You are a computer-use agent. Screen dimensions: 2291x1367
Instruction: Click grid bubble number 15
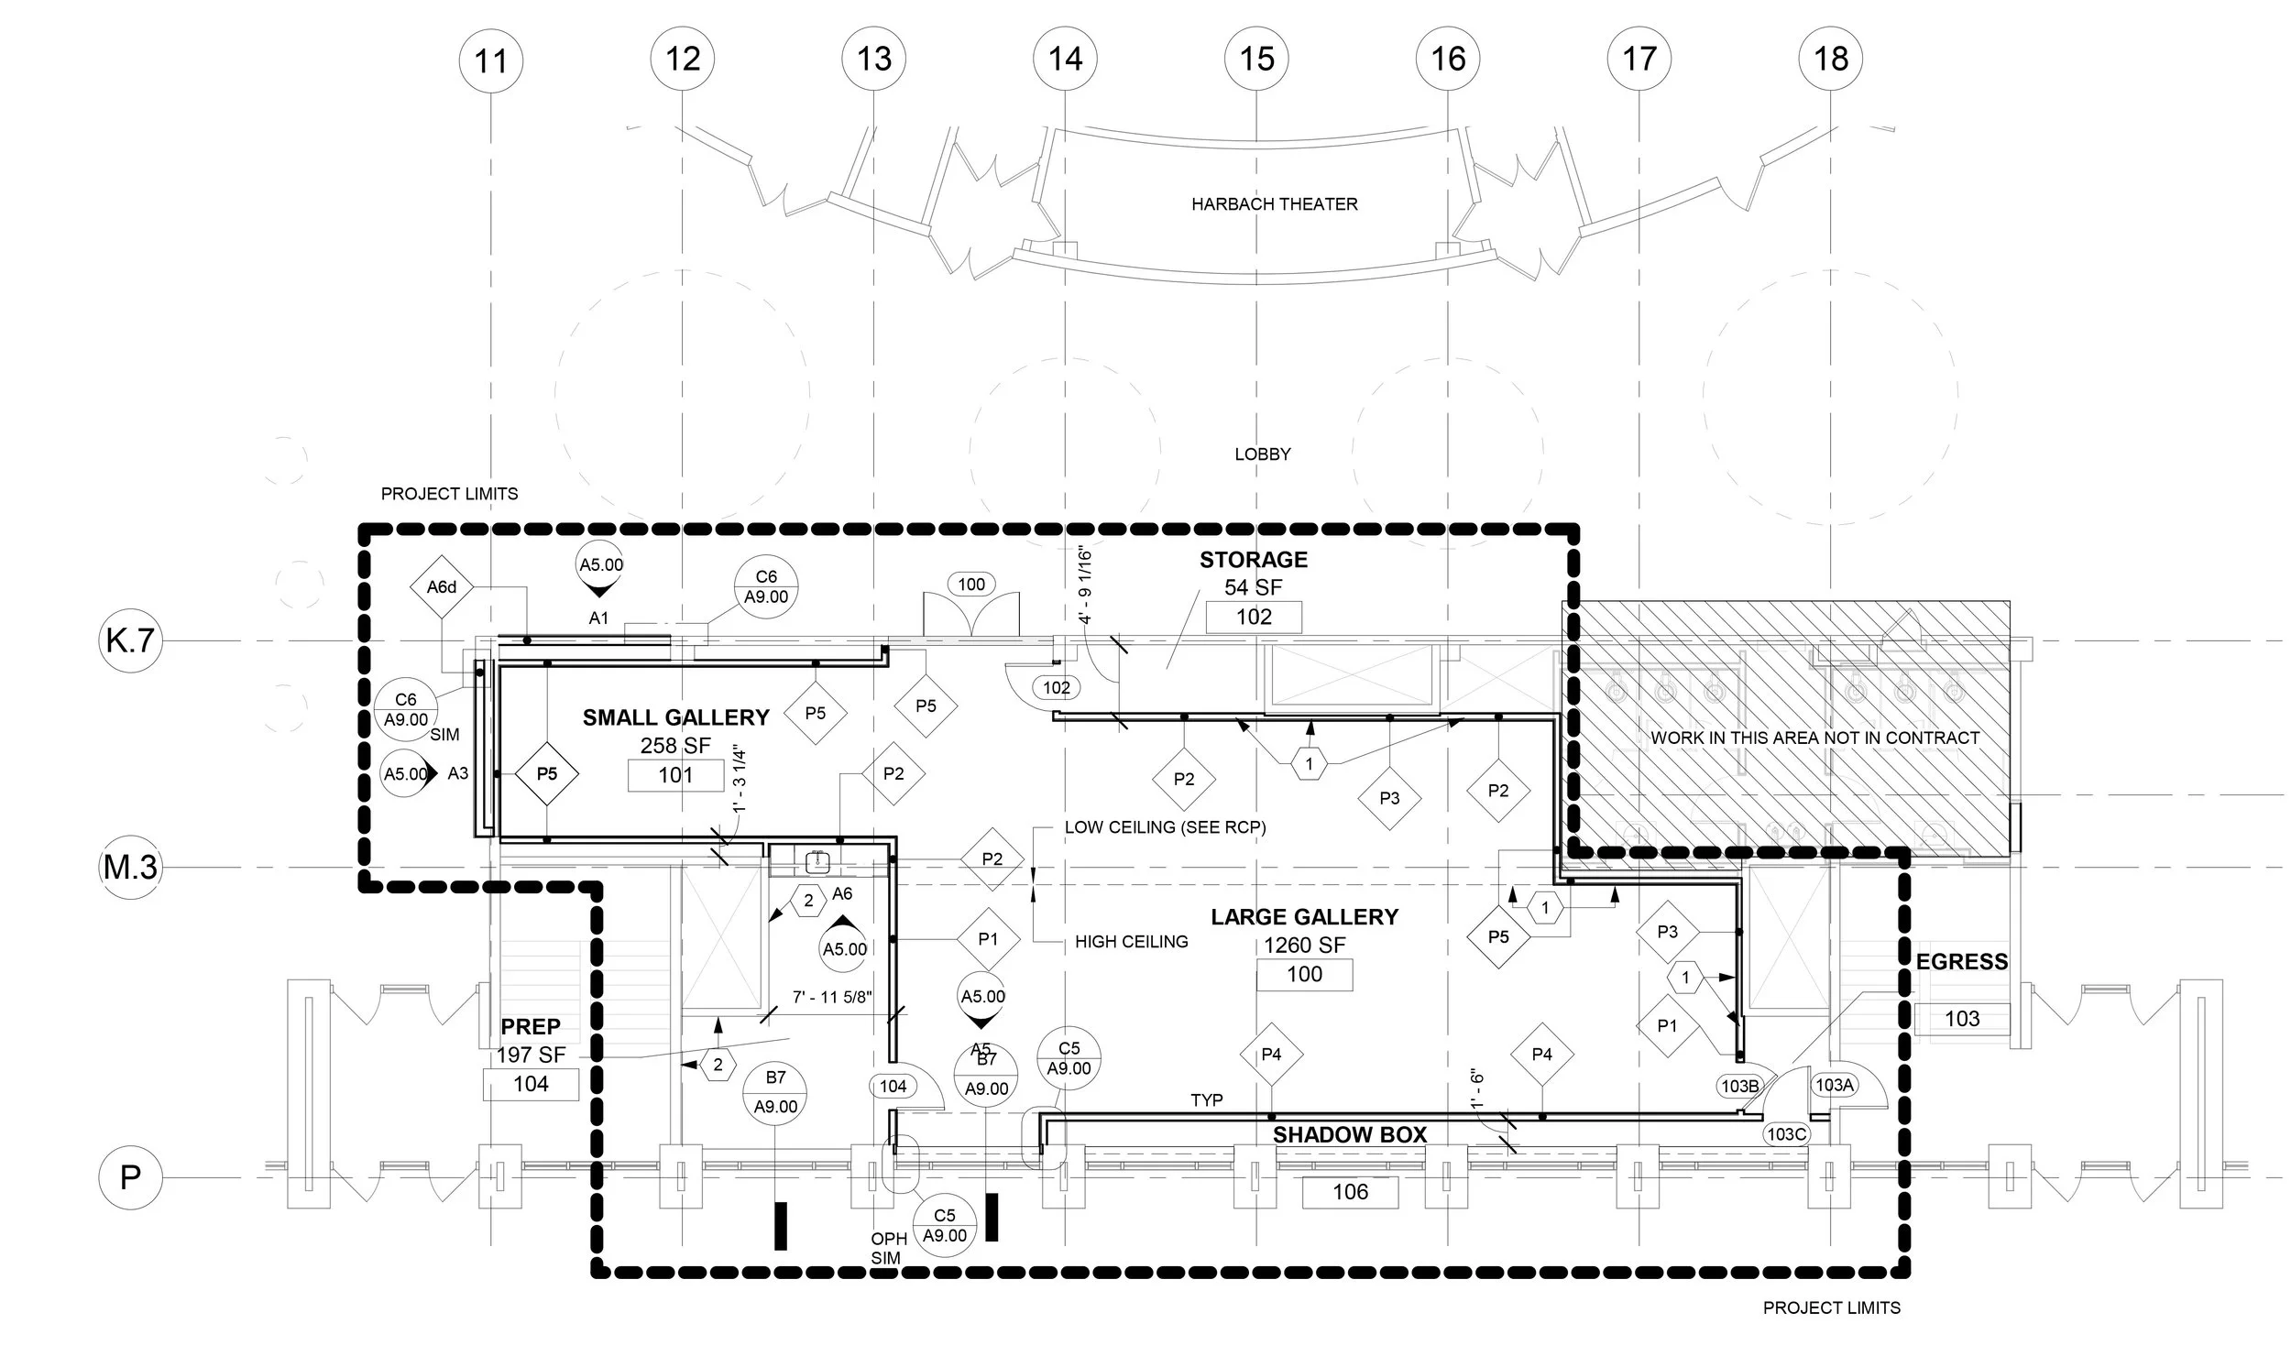pos(1256,59)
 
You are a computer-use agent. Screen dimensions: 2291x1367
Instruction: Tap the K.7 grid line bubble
pos(130,640)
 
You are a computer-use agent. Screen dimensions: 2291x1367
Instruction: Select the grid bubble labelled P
pos(130,1176)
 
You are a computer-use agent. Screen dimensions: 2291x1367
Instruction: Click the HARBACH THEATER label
pos(1274,204)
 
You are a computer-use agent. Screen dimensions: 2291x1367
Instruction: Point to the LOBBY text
pos(1262,454)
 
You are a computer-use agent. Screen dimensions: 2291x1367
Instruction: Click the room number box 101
pos(675,776)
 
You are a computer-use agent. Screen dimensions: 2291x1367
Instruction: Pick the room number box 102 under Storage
pos(1253,618)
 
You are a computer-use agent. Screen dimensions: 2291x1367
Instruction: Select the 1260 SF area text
pos(1303,946)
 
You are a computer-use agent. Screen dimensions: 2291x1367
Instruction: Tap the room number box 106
pos(1350,1192)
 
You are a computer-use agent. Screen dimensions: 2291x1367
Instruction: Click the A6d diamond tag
pos(442,586)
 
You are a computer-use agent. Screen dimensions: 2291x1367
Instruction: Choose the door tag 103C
pos(1785,1134)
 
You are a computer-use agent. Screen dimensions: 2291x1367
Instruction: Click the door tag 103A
pos(1833,1085)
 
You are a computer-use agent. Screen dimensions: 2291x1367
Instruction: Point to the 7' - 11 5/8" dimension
pos(832,997)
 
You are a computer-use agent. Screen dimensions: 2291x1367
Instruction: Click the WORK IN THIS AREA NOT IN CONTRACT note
pos(1814,738)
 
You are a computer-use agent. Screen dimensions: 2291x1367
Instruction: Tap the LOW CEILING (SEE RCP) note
pos(1165,827)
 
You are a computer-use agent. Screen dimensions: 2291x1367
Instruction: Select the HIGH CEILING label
pos(1131,942)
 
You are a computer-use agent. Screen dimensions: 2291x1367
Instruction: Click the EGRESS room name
pos(1961,962)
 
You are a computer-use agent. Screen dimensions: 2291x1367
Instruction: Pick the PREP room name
pos(530,1026)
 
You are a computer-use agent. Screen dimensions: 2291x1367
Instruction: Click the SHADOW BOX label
pos(1350,1135)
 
